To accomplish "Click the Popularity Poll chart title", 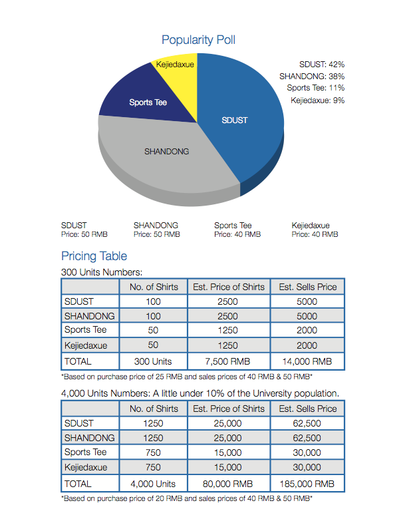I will pyautogui.click(x=198, y=40).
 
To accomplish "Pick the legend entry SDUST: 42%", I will pyautogui.click(x=321, y=64).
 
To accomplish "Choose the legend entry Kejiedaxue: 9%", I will pyautogui.click(x=317, y=100).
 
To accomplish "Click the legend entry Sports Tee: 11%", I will pyautogui.click(x=315, y=88).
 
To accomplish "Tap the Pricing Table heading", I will pyautogui.click(x=94, y=256).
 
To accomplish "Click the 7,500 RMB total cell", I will pyautogui.click(x=229, y=361).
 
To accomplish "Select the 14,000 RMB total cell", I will pyautogui.click(x=307, y=361).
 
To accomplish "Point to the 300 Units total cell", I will pyautogui.click(x=154, y=361).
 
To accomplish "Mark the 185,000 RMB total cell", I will pyautogui.click(x=307, y=484).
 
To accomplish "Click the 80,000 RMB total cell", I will pyautogui.click(x=229, y=484).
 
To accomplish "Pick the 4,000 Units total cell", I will pyautogui.click(x=154, y=484).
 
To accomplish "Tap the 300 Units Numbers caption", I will pyautogui.click(x=102, y=271).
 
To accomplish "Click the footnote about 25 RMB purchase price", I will pyautogui.click(x=187, y=377).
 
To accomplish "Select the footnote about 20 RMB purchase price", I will pyautogui.click(x=187, y=498).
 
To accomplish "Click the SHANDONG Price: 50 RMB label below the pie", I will pyautogui.click(x=156, y=230).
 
